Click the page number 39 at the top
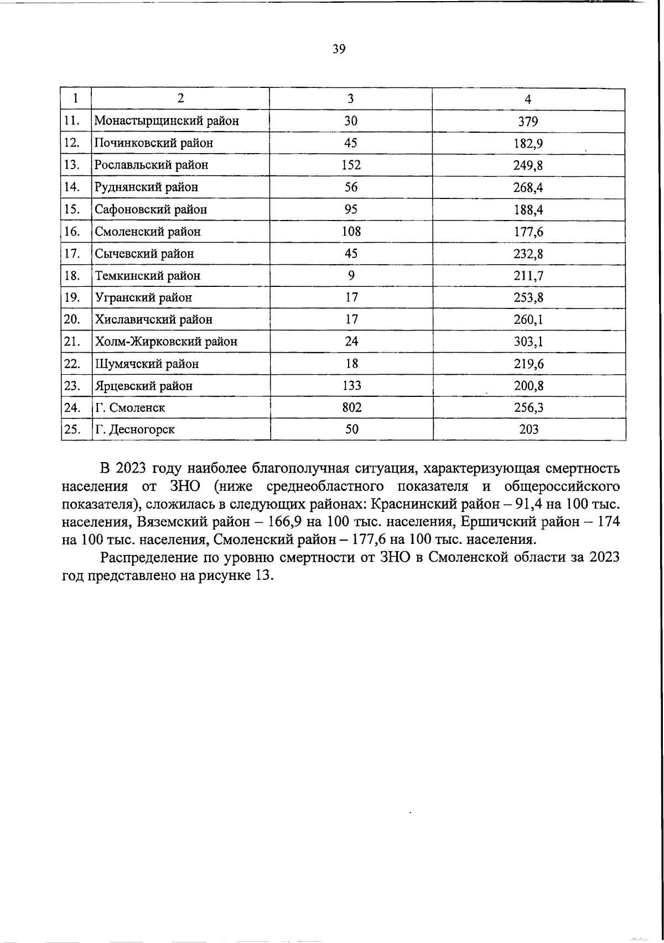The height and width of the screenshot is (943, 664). tap(339, 49)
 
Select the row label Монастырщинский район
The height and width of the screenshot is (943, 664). tap(167, 121)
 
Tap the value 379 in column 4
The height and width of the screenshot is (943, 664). tap(528, 122)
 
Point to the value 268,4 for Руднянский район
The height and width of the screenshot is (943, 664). tap(528, 187)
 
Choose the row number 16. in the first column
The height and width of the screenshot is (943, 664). tap(73, 232)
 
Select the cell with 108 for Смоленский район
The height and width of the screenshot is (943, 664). tap(351, 232)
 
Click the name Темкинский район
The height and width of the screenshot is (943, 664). tap(148, 276)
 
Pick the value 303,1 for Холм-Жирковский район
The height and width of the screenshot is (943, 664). tap(528, 342)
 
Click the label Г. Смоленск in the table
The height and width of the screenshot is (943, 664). tap(129, 408)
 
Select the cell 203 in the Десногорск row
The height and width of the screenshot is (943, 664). tap(528, 429)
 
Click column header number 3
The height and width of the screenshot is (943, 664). tap(351, 99)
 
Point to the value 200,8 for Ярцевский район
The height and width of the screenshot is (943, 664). tap(528, 386)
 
